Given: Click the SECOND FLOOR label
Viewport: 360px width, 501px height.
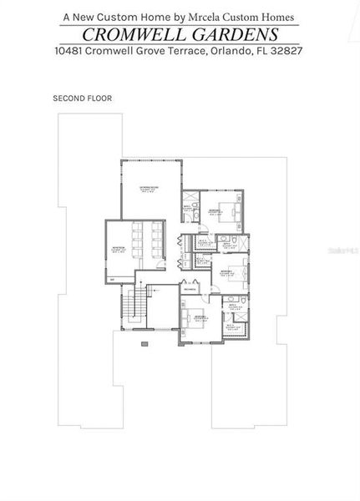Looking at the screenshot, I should click(82, 98).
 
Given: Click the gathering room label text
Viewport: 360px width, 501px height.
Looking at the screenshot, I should click(150, 189).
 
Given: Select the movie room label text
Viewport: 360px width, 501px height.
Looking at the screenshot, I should click(118, 248).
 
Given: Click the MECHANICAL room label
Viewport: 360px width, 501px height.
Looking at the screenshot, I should click(190, 289).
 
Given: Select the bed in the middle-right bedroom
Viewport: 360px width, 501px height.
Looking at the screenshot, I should click(236, 272).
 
